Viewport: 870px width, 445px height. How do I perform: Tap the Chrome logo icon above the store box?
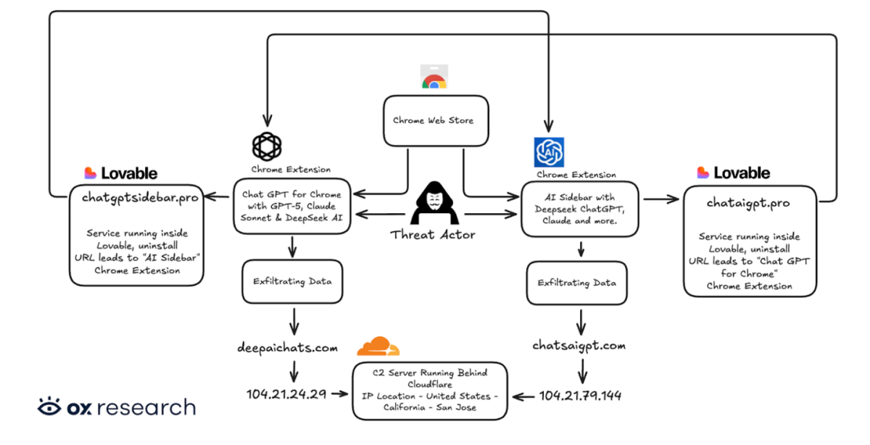pos(434,78)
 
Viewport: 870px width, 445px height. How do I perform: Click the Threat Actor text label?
pos(432,235)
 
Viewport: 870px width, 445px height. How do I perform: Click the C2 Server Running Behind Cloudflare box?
pos(430,390)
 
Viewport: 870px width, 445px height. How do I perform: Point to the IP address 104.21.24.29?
pos(286,395)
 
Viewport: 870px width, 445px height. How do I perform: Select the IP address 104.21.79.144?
pos(580,396)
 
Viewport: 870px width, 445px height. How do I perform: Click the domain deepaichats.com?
pos(288,348)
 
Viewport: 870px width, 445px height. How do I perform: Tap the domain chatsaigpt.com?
pos(579,346)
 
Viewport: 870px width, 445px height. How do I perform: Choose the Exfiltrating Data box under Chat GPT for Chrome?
pos(293,281)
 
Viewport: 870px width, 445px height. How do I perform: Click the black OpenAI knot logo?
pos(266,146)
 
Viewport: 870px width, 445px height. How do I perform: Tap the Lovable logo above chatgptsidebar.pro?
pos(121,173)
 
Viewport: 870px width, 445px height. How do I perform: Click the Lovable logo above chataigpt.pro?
pos(734,173)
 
